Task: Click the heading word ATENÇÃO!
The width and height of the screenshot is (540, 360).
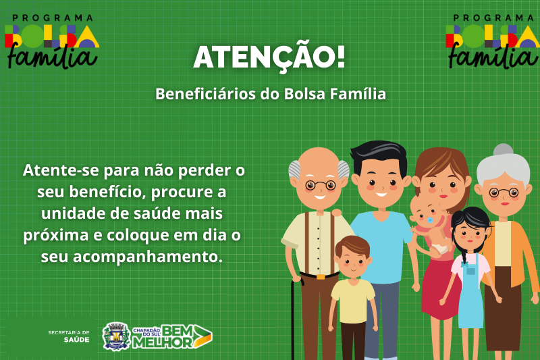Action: coord(269,57)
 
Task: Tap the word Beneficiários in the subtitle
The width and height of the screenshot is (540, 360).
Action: coord(206,94)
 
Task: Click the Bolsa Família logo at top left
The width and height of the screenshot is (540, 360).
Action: coord(52,41)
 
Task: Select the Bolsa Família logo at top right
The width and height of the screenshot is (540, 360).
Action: coord(493,41)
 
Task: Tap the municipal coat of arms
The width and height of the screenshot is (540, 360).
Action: coord(116,336)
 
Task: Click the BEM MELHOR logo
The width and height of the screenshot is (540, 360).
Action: coord(172,336)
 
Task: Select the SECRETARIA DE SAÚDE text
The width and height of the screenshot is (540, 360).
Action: coord(69,336)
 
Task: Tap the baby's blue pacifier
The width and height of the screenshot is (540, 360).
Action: coord(430,220)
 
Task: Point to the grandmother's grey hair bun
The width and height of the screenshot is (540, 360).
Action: coord(503,150)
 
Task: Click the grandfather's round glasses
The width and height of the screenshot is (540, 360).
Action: coord(320,185)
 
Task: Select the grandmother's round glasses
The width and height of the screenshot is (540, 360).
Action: coord(504,192)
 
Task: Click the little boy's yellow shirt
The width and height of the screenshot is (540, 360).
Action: coord(352,301)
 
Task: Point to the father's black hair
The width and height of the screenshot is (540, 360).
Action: coord(379,155)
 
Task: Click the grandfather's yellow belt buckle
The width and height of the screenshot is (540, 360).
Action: coord(320,277)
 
